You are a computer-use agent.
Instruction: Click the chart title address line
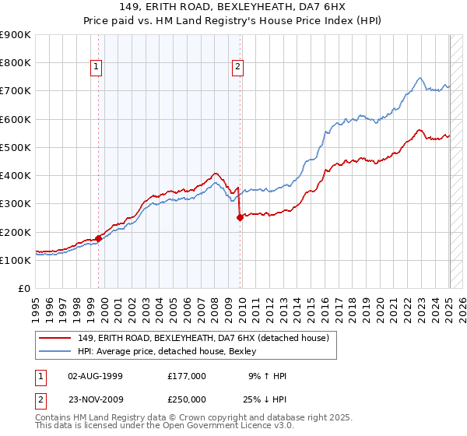[x=233, y=6]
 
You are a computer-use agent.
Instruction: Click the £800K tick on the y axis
[x=15, y=63]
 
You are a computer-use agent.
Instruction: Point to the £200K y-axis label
[x=15, y=233]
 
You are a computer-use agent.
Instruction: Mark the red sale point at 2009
[x=240, y=218]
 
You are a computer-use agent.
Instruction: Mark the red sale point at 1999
[x=99, y=238]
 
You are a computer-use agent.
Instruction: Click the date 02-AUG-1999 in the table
[x=96, y=376]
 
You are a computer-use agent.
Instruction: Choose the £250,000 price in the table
[x=187, y=398]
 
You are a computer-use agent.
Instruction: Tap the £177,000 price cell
[x=187, y=376]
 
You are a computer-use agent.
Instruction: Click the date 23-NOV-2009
[x=96, y=398]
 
